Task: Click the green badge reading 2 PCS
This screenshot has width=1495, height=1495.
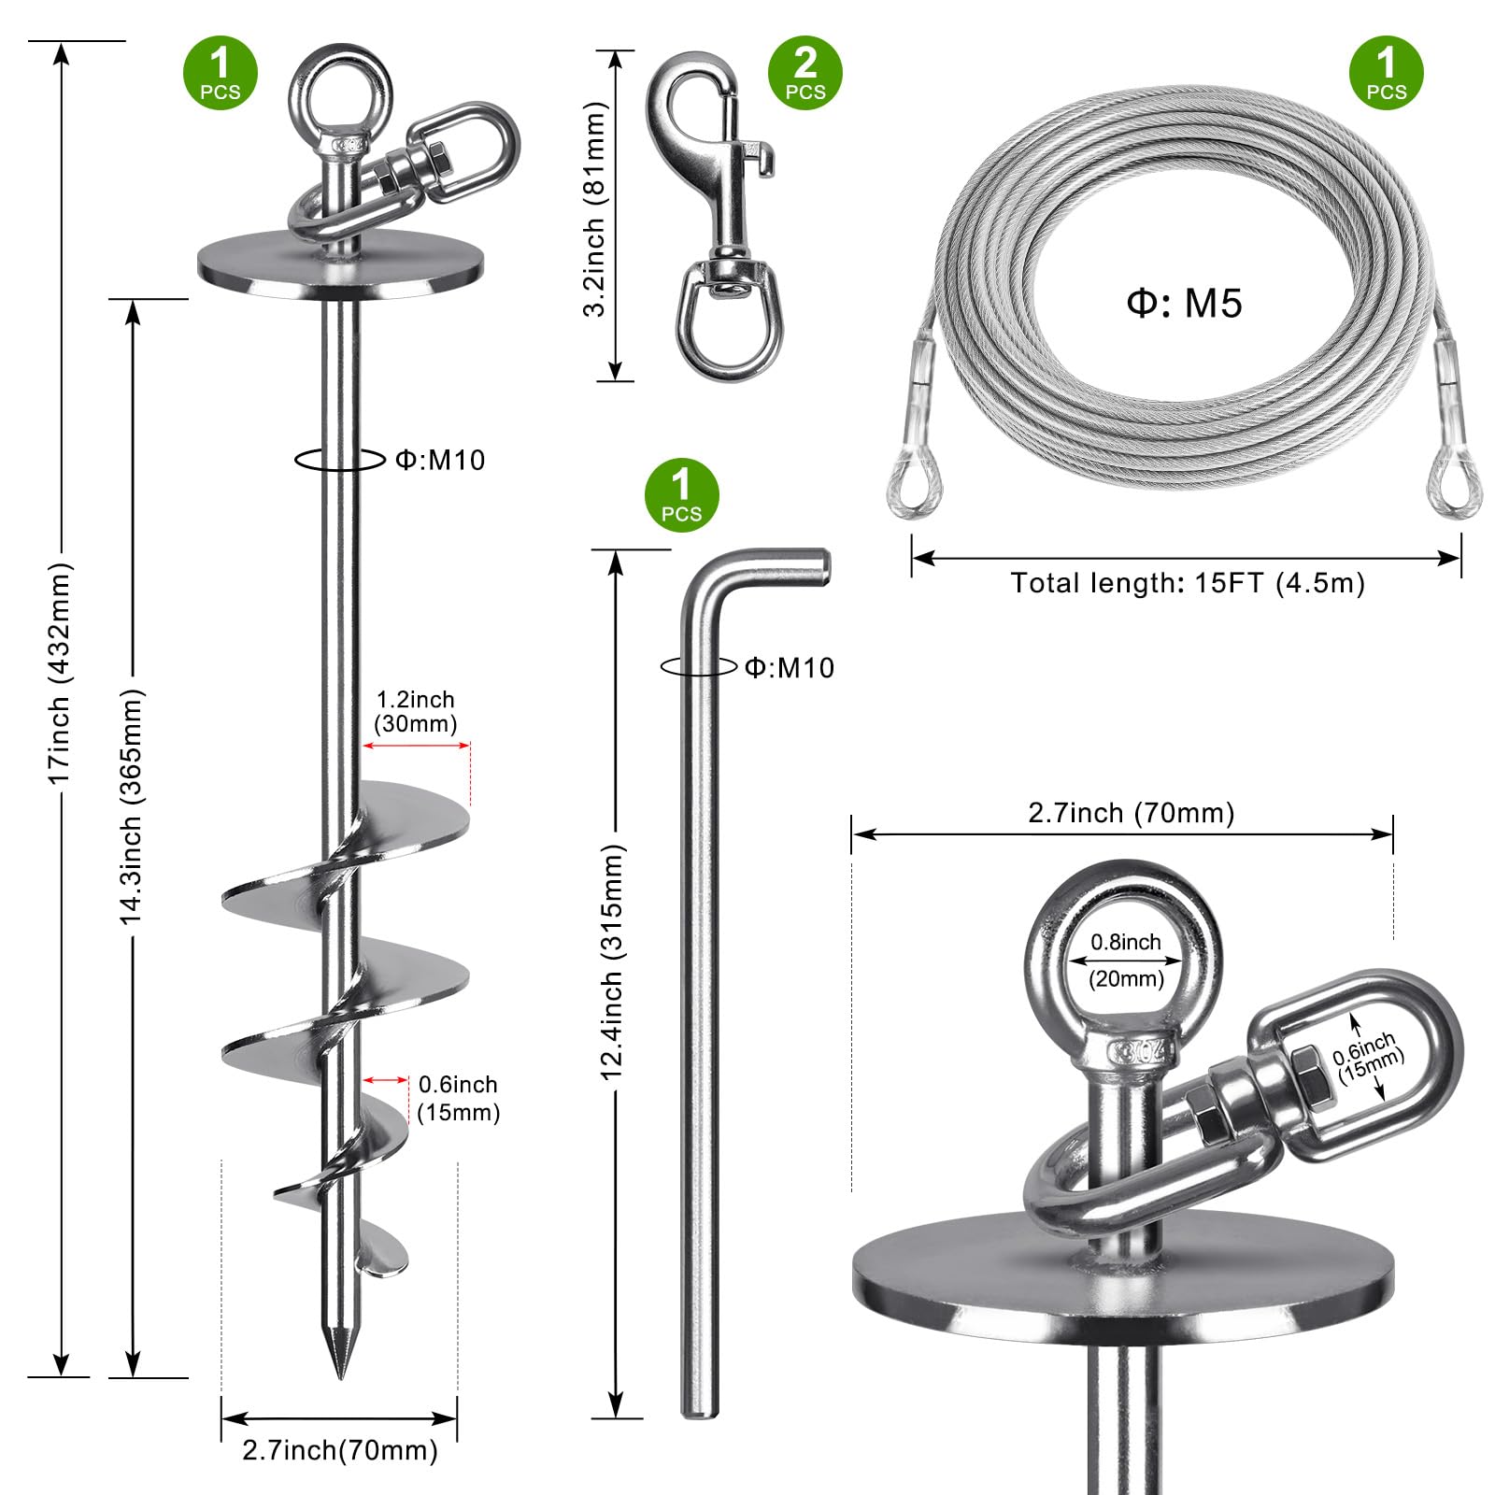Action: pos(804,73)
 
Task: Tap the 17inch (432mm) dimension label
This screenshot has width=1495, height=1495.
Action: pos(59,674)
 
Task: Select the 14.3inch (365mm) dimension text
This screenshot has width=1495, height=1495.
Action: pos(131,807)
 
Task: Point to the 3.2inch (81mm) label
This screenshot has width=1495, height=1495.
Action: pos(594,209)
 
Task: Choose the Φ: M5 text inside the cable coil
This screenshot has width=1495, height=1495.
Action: pos(1184,304)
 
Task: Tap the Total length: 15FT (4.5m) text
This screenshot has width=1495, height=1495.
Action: pos(1188,583)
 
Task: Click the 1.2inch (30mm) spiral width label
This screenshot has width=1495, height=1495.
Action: pos(416,712)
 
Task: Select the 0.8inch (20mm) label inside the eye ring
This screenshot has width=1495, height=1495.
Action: pos(1126,961)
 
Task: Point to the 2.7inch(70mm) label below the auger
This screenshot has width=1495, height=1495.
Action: pos(340,1450)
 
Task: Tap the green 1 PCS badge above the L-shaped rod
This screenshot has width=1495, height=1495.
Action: pos(681,495)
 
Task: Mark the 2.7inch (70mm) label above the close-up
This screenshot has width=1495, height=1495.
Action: pos(1132,813)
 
